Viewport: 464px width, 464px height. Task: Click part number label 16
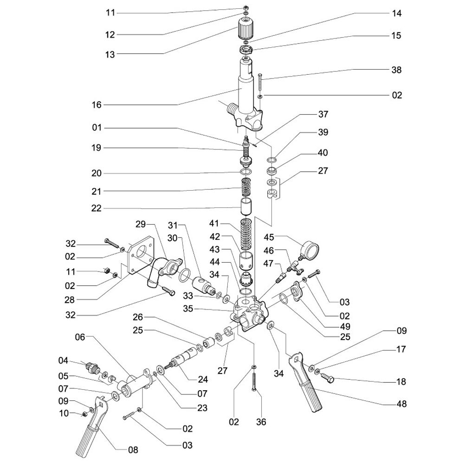click(x=96, y=105)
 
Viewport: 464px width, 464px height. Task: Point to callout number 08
click(x=133, y=449)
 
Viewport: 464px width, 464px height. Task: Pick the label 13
click(x=110, y=54)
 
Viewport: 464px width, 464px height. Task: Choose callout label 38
click(x=396, y=70)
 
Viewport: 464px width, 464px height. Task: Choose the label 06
click(x=80, y=337)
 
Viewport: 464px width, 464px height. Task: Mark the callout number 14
click(x=396, y=13)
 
